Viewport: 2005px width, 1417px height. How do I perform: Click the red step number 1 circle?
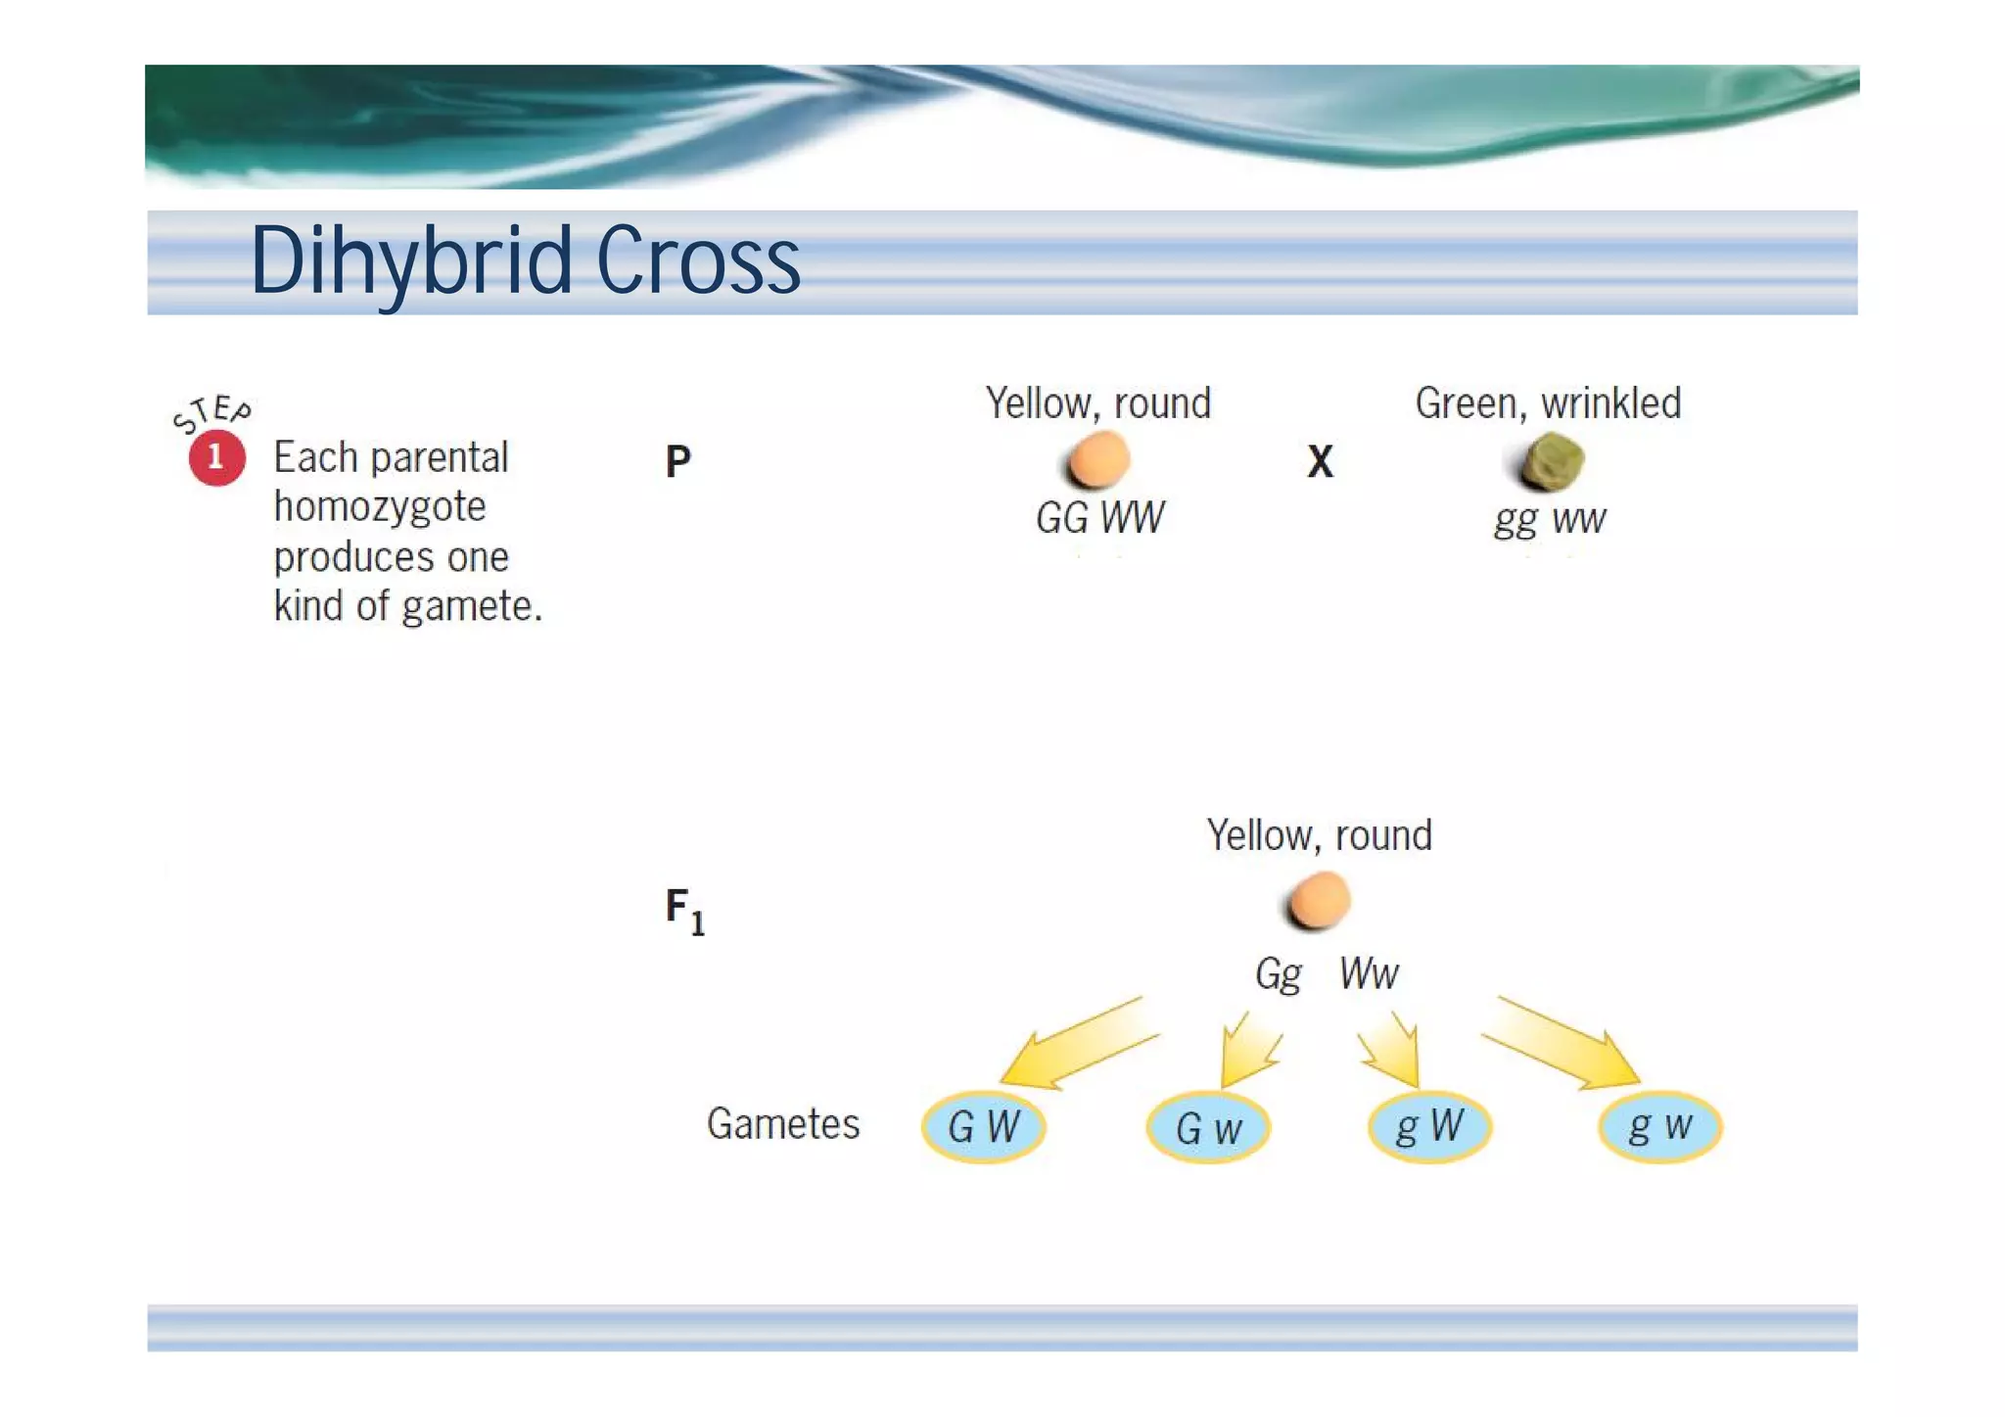pyautogui.click(x=216, y=458)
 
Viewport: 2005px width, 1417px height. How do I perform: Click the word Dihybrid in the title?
pyautogui.click(x=411, y=260)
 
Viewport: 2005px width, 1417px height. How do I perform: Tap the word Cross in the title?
pyautogui.click(x=698, y=260)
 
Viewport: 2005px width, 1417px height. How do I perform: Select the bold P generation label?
pyautogui.click(x=677, y=461)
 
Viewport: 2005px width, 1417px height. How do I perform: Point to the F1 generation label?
pyautogui.click(x=684, y=910)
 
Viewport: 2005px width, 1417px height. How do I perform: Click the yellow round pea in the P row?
pyautogui.click(x=1098, y=460)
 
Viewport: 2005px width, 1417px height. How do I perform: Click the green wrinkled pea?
pyautogui.click(x=1553, y=461)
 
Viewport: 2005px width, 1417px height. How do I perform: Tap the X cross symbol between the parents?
pyautogui.click(x=1320, y=461)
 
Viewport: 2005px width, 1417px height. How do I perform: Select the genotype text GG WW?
pyautogui.click(x=1099, y=518)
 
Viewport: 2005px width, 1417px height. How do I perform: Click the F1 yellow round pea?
pyautogui.click(x=1319, y=901)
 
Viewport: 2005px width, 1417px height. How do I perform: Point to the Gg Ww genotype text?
pyautogui.click(x=1327, y=973)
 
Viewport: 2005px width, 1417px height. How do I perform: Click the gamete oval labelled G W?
pyautogui.click(x=984, y=1126)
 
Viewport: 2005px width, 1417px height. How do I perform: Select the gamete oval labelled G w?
pyautogui.click(x=1208, y=1128)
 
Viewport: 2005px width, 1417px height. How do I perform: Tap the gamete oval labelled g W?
pyautogui.click(x=1429, y=1126)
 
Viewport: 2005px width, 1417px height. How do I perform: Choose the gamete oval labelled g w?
pyautogui.click(x=1659, y=1126)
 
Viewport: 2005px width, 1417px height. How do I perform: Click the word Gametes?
pyautogui.click(x=783, y=1124)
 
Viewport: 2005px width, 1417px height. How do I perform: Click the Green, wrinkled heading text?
pyautogui.click(x=1548, y=403)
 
